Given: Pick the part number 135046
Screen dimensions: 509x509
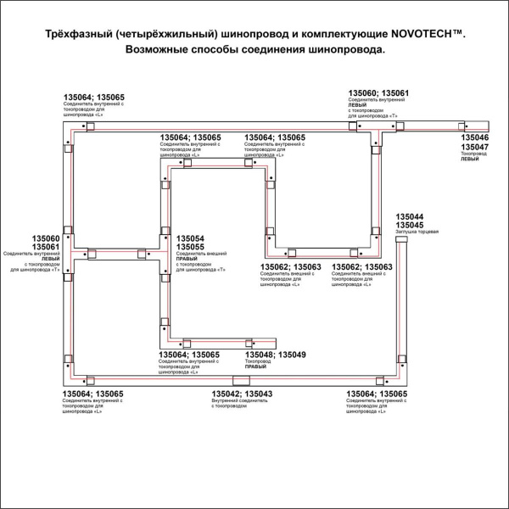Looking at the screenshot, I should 474,137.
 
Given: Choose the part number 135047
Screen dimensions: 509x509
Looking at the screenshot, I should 474,147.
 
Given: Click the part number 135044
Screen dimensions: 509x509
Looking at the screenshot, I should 411,216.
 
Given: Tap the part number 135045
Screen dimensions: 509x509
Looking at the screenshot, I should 411,225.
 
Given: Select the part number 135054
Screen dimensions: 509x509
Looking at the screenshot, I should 190,238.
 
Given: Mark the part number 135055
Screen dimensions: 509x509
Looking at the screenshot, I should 190,247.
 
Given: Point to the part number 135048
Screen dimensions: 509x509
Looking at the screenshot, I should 258,354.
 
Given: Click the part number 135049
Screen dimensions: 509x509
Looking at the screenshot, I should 292,354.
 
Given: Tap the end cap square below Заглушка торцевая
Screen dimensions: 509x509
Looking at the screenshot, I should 401,242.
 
